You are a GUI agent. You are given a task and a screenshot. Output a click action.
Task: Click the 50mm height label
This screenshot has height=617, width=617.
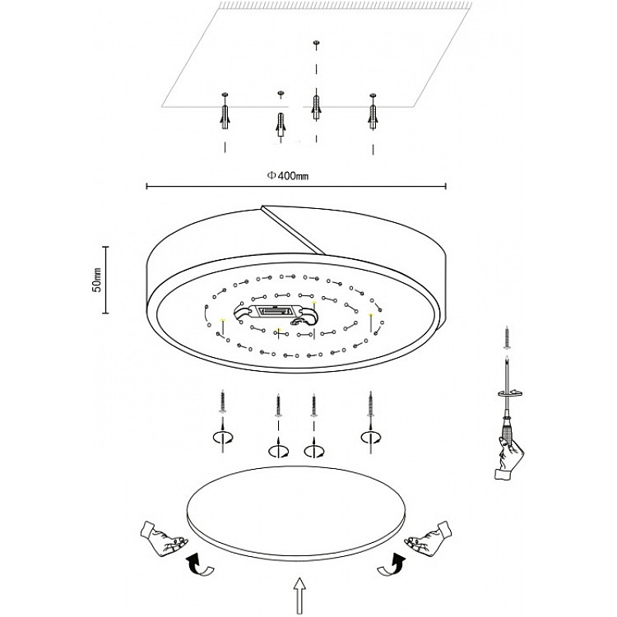click(97, 279)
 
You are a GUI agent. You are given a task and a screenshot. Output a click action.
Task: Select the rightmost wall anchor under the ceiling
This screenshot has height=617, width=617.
click(373, 111)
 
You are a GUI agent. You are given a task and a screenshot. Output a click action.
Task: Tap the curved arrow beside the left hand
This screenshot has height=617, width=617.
click(197, 565)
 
